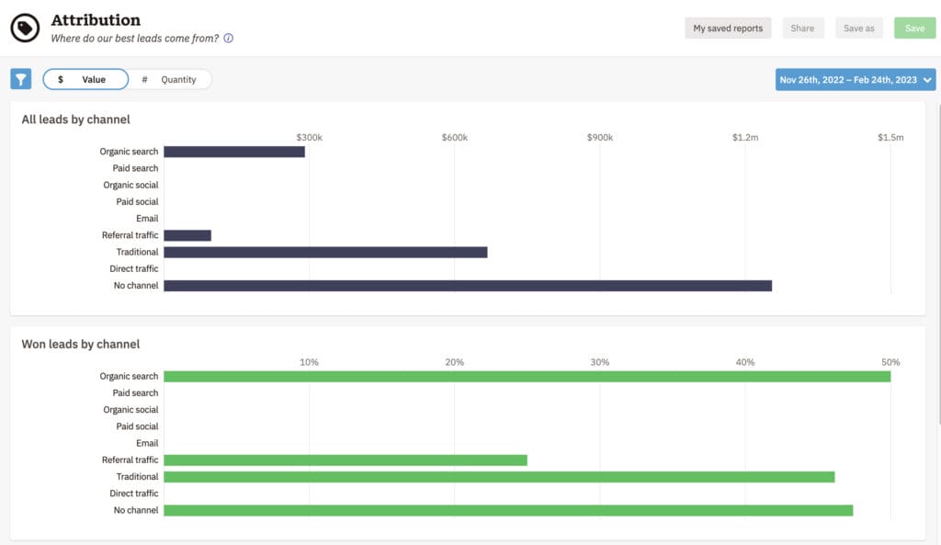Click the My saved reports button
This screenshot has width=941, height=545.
pos(728,28)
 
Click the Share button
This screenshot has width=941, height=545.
pos(802,28)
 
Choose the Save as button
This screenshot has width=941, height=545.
pos(859,28)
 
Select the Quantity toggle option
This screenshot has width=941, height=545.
pos(170,80)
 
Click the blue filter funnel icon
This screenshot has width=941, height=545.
pos(21,80)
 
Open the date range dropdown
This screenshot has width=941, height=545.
pos(856,80)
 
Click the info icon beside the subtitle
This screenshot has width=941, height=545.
pos(229,39)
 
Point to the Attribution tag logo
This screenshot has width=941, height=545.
pos(25,28)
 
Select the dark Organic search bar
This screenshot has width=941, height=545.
pos(234,152)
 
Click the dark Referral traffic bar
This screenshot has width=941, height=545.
pos(187,235)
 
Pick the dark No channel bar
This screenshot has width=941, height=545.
pos(468,286)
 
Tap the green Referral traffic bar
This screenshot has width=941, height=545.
pos(346,460)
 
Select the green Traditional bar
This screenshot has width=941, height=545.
pos(499,477)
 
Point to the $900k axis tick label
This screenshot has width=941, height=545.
pos(599,138)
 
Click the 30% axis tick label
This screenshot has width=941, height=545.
pos(599,362)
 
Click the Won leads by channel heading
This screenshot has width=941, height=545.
pos(81,345)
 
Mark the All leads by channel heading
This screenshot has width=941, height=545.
pos(76,119)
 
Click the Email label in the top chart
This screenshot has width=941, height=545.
pos(147,219)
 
